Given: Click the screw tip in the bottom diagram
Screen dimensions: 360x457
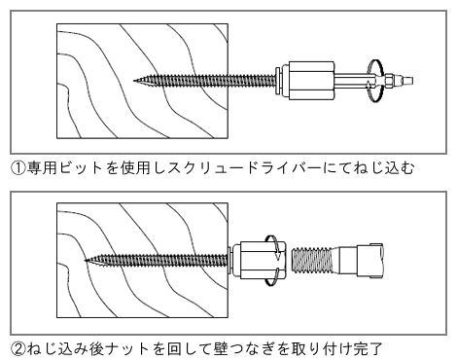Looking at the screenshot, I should [88, 260].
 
